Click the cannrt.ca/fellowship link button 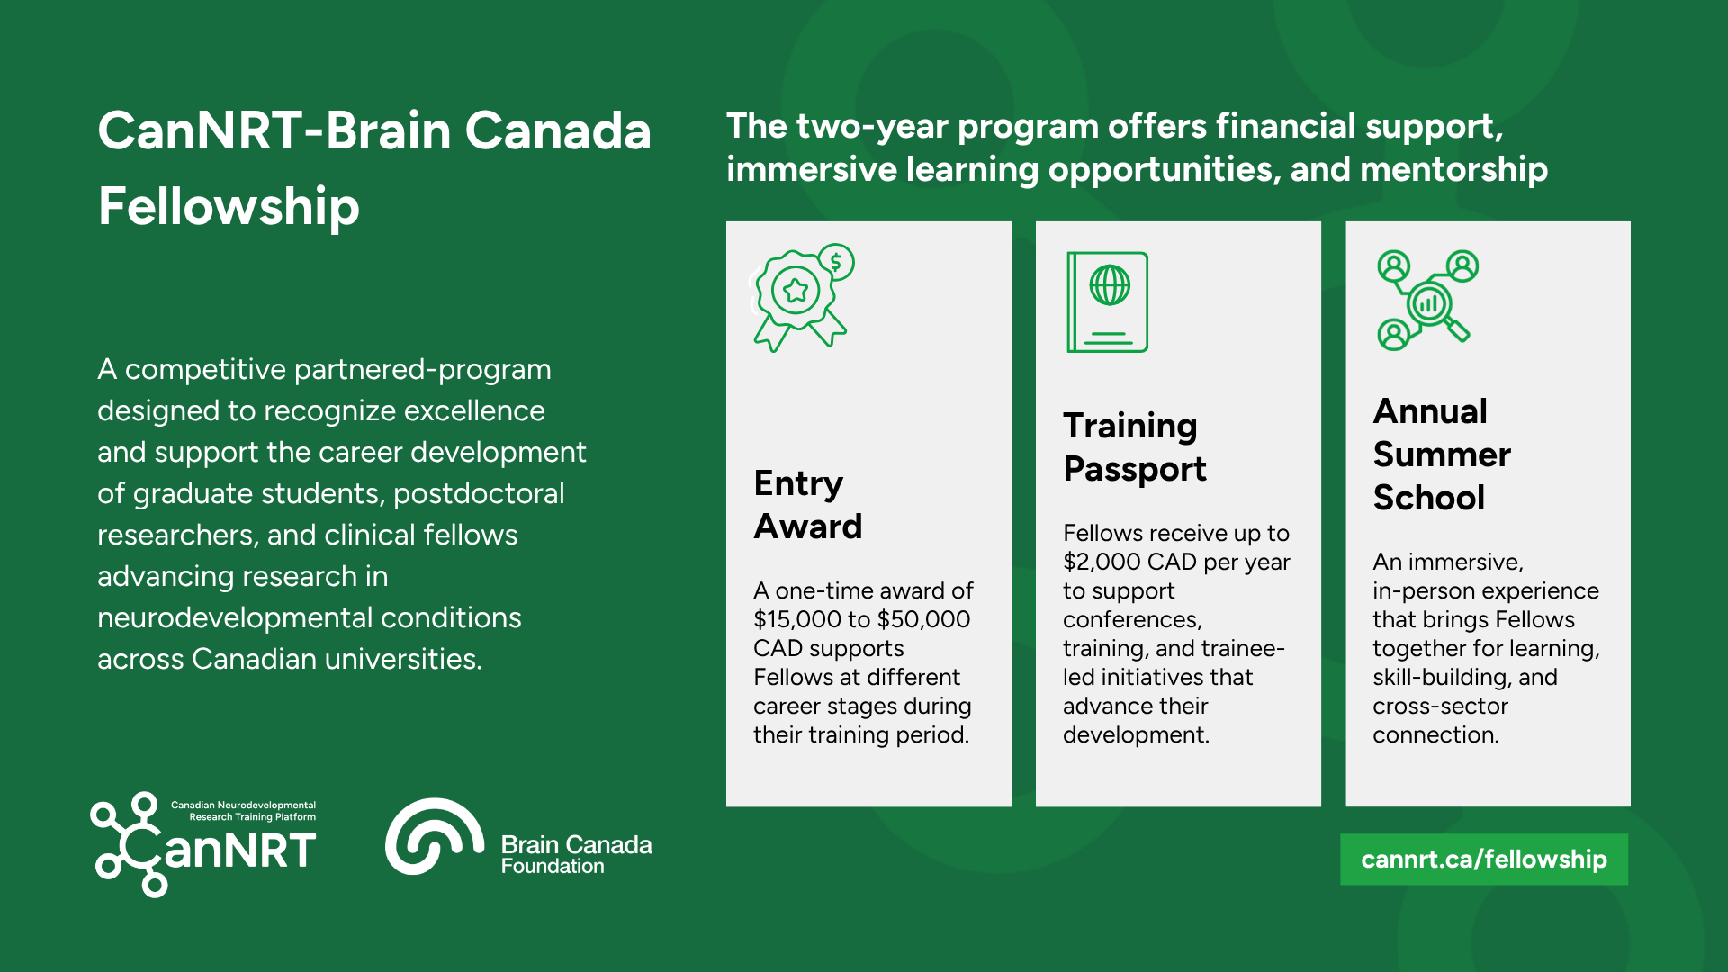[x=1483, y=859]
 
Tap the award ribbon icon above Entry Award [x=801, y=298]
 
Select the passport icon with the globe [x=1107, y=301]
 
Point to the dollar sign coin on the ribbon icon [x=836, y=263]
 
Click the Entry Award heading [x=807, y=505]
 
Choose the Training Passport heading [x=1134, y=447]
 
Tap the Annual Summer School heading [x=1442, y=454]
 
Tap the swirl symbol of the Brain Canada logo [x=435, y=836]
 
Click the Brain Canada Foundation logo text [x=577, y=855]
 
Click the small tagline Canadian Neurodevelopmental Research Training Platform [x=243, y=811]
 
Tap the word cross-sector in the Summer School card [x=1440, y=706]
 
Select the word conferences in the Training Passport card [x=1132, y=620]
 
